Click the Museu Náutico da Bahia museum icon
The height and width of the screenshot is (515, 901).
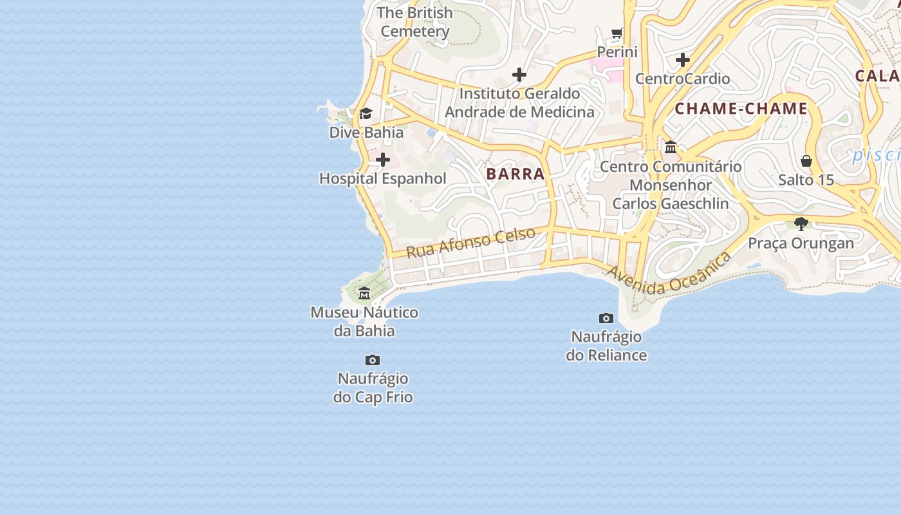tap(364, 294)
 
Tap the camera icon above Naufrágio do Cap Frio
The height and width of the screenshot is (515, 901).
tap(373, 360)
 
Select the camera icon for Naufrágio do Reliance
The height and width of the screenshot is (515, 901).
tap(606, 318)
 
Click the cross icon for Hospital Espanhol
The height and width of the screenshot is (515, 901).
tap(383, 160)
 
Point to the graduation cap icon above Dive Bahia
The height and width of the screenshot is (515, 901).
tap(366, 114)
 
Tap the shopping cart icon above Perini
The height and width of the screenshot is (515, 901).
tap(617, 33)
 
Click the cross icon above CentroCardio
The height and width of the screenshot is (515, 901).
tap(683, 61)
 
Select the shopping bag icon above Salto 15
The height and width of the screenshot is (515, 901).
tap(806, 161)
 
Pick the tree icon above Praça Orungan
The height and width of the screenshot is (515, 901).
tap(801, 224)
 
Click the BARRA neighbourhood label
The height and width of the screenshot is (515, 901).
tap(516, 174)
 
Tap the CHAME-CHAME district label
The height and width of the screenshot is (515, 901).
tap(741, 109)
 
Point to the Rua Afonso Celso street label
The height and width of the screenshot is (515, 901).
tap(470, 242)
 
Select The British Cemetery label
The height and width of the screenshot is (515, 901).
tap(415, 22)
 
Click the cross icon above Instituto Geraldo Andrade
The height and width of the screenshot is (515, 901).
tap(519, 75)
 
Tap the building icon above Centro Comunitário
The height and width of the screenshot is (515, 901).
tap(671, 147)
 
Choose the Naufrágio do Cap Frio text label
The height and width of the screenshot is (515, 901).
tap(373, 388)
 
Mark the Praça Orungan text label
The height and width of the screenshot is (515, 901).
tap(801, 243)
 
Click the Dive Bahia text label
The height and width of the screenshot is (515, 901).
tap(366, 133)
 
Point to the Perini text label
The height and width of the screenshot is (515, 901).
tap(617, 52)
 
